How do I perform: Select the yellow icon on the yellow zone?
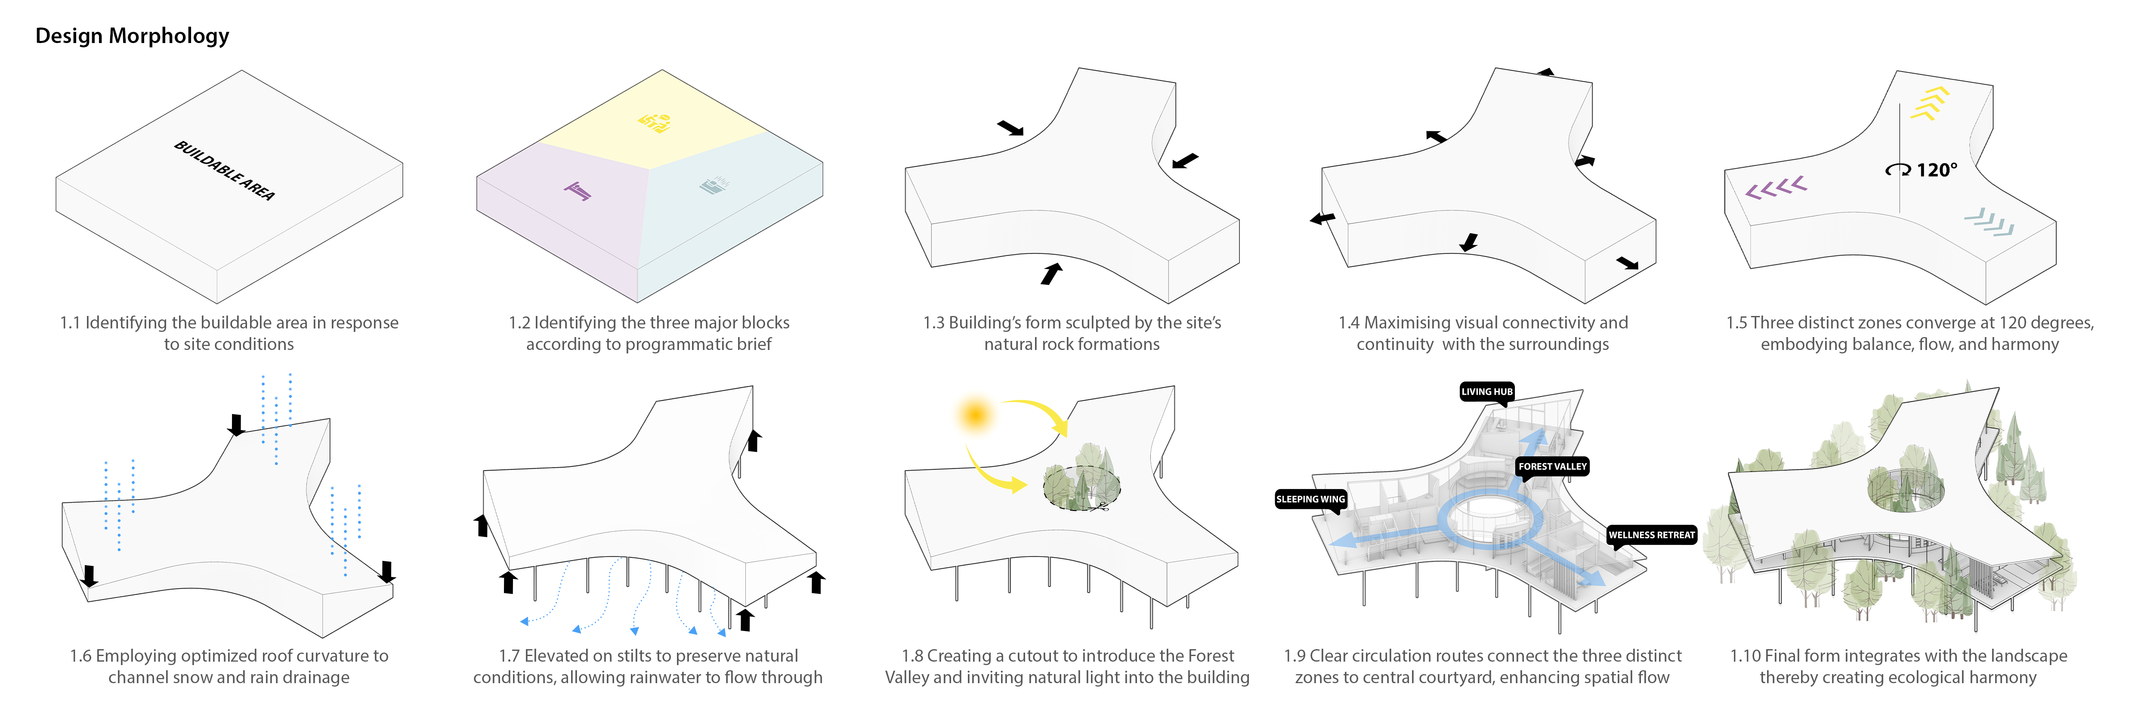tap(655, 123)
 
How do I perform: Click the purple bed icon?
tap(578, 192)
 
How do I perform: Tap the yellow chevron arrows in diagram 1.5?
tap(1929, 104)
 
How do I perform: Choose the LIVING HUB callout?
tap(1487, 391)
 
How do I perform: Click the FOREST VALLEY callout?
tap(1552, 467)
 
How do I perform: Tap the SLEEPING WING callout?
tap(1310, 499)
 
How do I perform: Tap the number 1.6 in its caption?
tap(80, 656)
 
